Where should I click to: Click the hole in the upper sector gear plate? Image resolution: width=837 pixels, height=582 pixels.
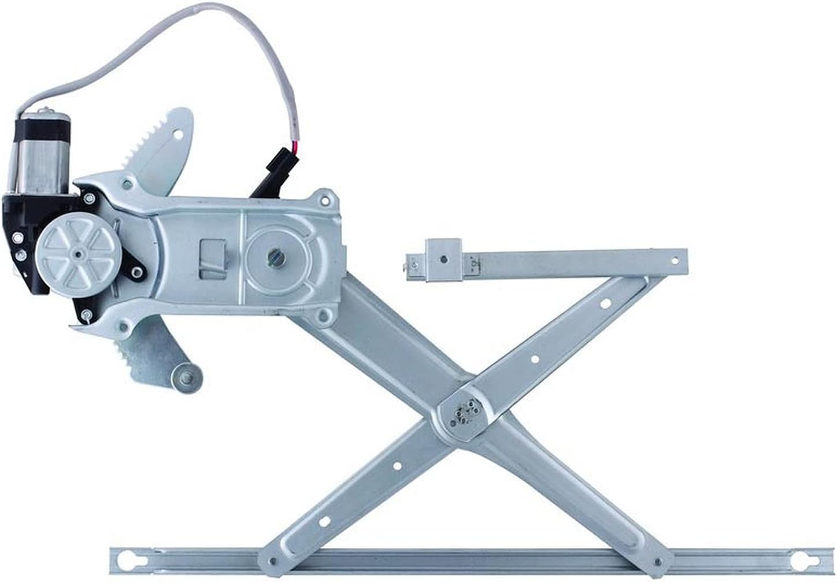[179, 135]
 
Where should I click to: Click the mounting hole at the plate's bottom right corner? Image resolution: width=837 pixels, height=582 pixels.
[324, 316]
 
